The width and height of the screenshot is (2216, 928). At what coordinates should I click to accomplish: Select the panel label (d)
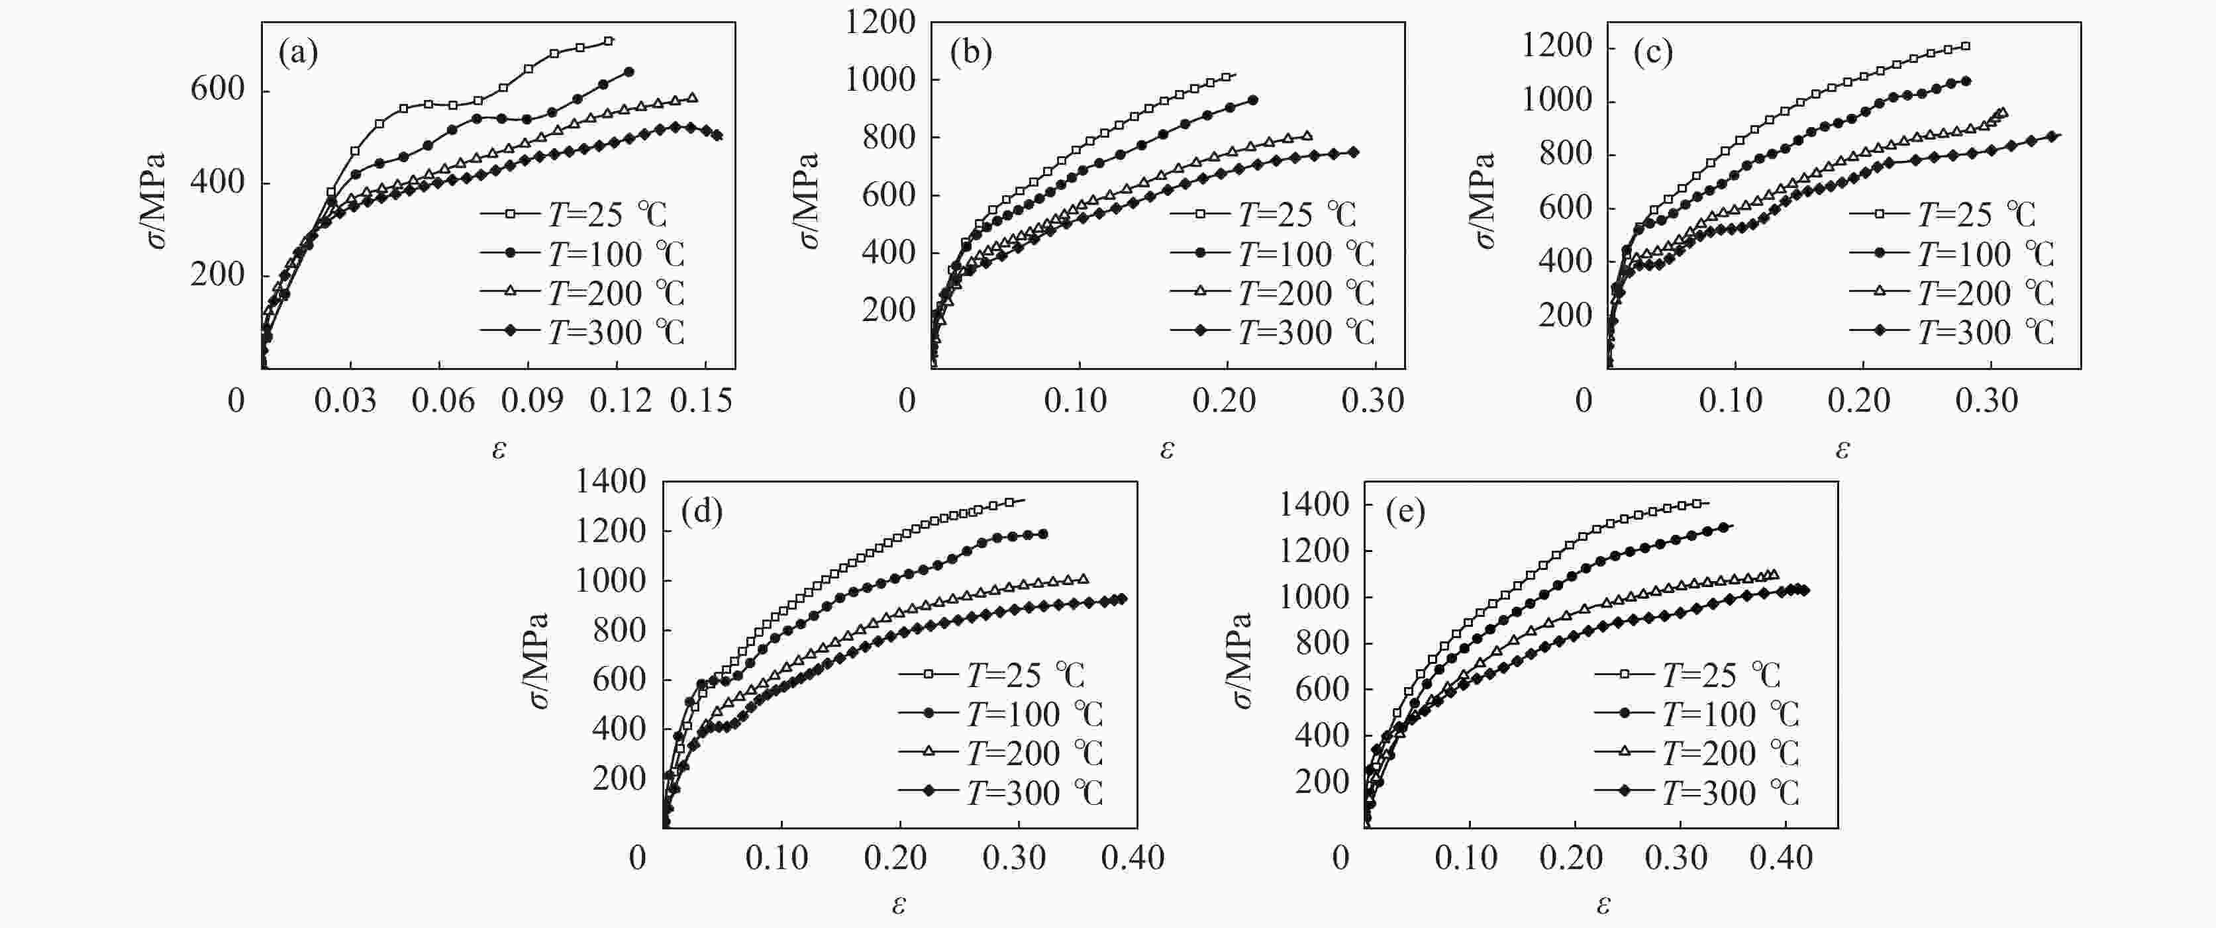click(x=701, y=512)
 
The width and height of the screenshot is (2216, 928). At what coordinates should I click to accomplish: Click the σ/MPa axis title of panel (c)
click(x=1486, y=201)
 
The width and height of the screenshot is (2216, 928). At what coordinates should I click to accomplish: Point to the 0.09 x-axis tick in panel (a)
click(x=532, y=400)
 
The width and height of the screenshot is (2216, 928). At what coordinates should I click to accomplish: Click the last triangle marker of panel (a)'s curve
click(x=693, y=98)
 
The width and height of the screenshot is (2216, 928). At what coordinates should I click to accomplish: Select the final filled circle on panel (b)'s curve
click(x=1252, y=101)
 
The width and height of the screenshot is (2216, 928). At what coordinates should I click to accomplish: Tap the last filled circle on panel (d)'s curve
click(x=1044, y=534)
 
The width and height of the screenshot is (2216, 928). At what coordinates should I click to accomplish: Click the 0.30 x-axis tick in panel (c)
click(x=1986, y=400)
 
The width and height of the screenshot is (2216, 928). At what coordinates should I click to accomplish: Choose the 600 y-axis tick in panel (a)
click(x=218, y=89)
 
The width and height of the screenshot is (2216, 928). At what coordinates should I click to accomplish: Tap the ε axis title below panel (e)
click(x=1603, y=905)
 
